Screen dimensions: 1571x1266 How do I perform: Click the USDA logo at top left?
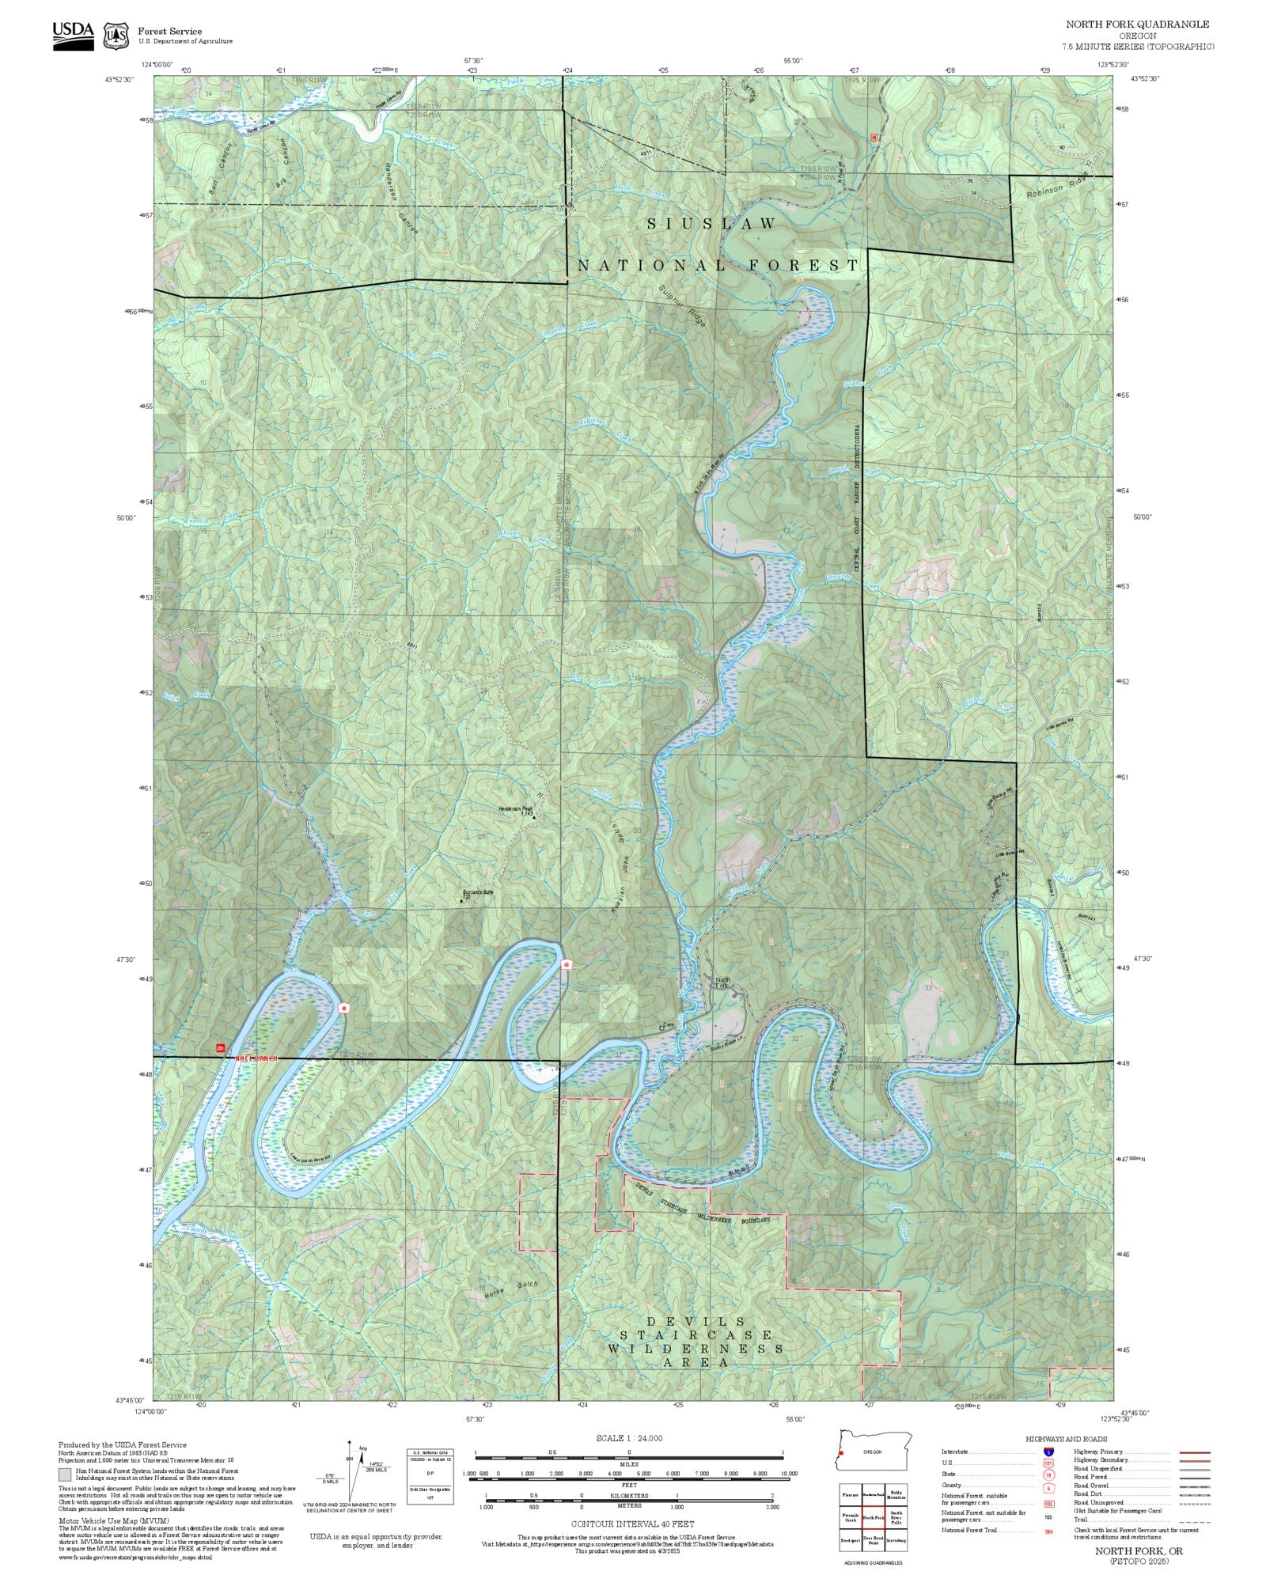[x=73, y=36]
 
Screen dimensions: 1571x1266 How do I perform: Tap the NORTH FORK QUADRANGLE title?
[x=1137, y=25]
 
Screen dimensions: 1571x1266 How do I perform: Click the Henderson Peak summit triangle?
[x=534, y=816]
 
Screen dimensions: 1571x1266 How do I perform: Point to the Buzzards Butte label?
[x=478, y=892]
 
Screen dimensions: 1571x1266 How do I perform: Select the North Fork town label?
[x=721, y=982]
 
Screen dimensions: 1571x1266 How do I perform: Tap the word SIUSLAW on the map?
[x=711, y=225]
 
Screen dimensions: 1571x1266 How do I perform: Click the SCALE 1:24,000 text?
[x=629, y=1438]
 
